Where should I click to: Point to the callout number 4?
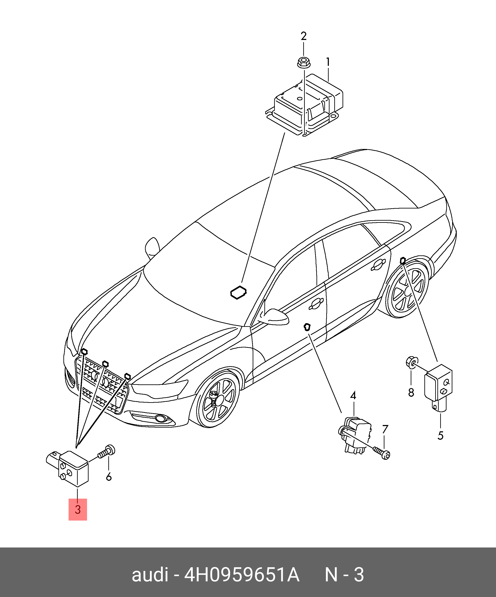pos(353,395)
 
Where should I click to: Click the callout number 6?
pos(109,476)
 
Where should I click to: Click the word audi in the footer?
pos(150,575)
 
